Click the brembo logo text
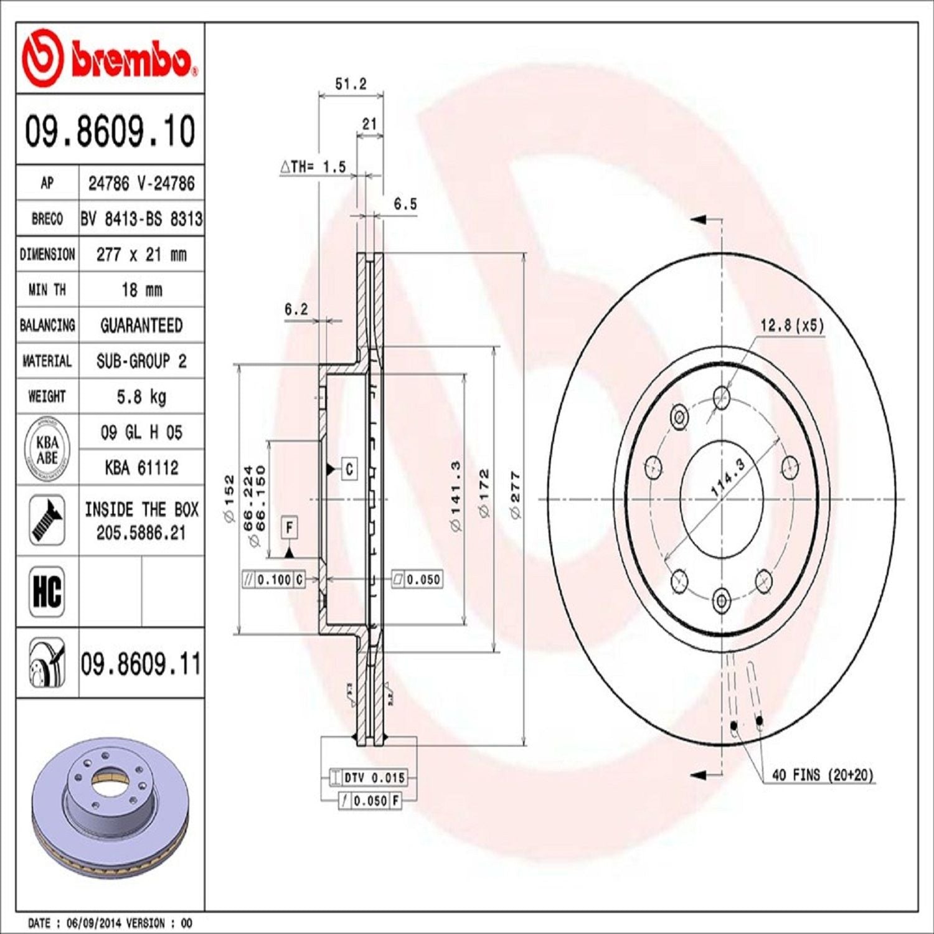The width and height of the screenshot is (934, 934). pyautogui.click(x=133, y=60)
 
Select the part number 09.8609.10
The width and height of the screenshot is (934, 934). pyautogui.click(x=110, y=131)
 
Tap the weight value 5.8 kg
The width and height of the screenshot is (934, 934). pyautogui.click(x=141, y=397)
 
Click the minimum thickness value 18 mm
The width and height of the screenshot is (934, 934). pyautogui.click(x=141, y=290)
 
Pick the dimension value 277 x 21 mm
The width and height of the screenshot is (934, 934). pyautogui.click(x=141, y=255)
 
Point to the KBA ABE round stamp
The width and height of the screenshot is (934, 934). pyautogui.click(x=47, y=450)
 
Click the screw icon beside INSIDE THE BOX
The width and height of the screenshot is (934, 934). pyautogui.click(x=47, y=521)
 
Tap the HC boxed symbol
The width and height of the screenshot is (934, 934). pyautogui.click(x=47, y=592)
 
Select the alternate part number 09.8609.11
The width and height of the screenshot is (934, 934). pyautogui.click(x=141, y=664)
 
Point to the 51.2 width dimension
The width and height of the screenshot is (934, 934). pyautogui.click(x=351, y=84)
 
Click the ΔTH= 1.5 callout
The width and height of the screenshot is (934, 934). pyautogui.click(x=313, y=167)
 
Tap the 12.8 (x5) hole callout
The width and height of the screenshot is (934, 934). pyautogui.click(x=791, y=325)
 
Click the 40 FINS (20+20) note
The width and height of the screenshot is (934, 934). pyautogui.click(x=823, y=775)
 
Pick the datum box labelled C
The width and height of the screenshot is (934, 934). pyautogui.click(x=349, y=469)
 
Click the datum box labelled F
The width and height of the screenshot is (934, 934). pyautogui.click(x=290, y=528)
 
